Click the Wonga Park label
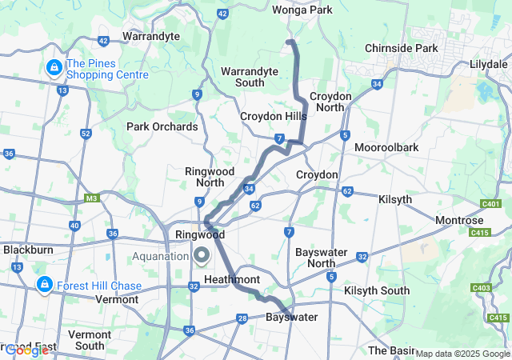302,10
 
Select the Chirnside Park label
401,48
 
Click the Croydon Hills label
273,117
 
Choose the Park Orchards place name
162,126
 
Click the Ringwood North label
209,178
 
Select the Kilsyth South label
376,291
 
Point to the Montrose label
459,220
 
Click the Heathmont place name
232,279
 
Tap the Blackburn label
27,250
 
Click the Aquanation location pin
201,256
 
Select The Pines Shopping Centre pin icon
54,67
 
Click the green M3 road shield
90,198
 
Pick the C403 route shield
482,288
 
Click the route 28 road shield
242,320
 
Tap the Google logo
26,350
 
